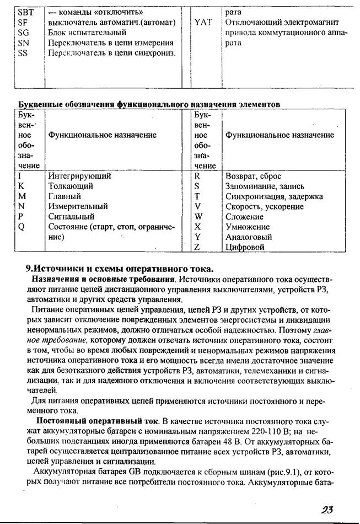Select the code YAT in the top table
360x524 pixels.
(x=203, y=22)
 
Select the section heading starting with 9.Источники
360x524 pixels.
(x=120, y=269)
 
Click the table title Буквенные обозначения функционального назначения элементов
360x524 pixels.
(x=149, y=104)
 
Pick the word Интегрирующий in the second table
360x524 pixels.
(x=79, y=176)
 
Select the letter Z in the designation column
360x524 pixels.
(x=197, y=247)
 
